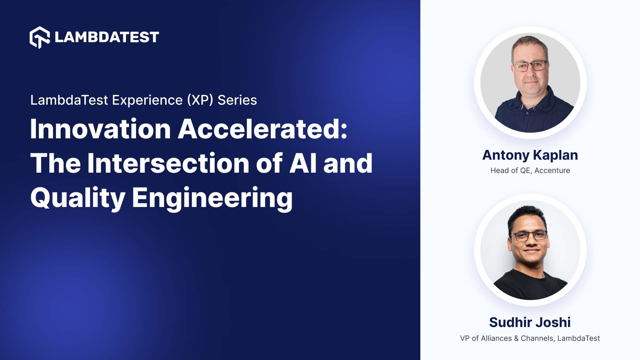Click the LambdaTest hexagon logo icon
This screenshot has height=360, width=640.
pos(40,37)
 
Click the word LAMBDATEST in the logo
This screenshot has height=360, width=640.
pos(107,37)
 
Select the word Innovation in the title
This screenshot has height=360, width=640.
pos(100,129)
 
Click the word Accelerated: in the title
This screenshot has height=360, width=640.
pos(263,129)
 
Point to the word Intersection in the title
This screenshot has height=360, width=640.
pos(168,163)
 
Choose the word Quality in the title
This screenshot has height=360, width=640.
pos(78,198)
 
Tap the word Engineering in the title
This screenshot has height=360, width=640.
pos(212,198)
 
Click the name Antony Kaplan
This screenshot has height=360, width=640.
pos(530,155)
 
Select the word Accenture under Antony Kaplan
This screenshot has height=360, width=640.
pos(552,171)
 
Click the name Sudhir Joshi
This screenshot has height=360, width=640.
pos(530,322)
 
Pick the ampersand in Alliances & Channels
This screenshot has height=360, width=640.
pos(516,338)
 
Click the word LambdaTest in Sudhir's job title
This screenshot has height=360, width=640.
pos(578,338)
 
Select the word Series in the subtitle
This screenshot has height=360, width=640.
pos(237,100)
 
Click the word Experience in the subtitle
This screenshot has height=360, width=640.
pos(147,100)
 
